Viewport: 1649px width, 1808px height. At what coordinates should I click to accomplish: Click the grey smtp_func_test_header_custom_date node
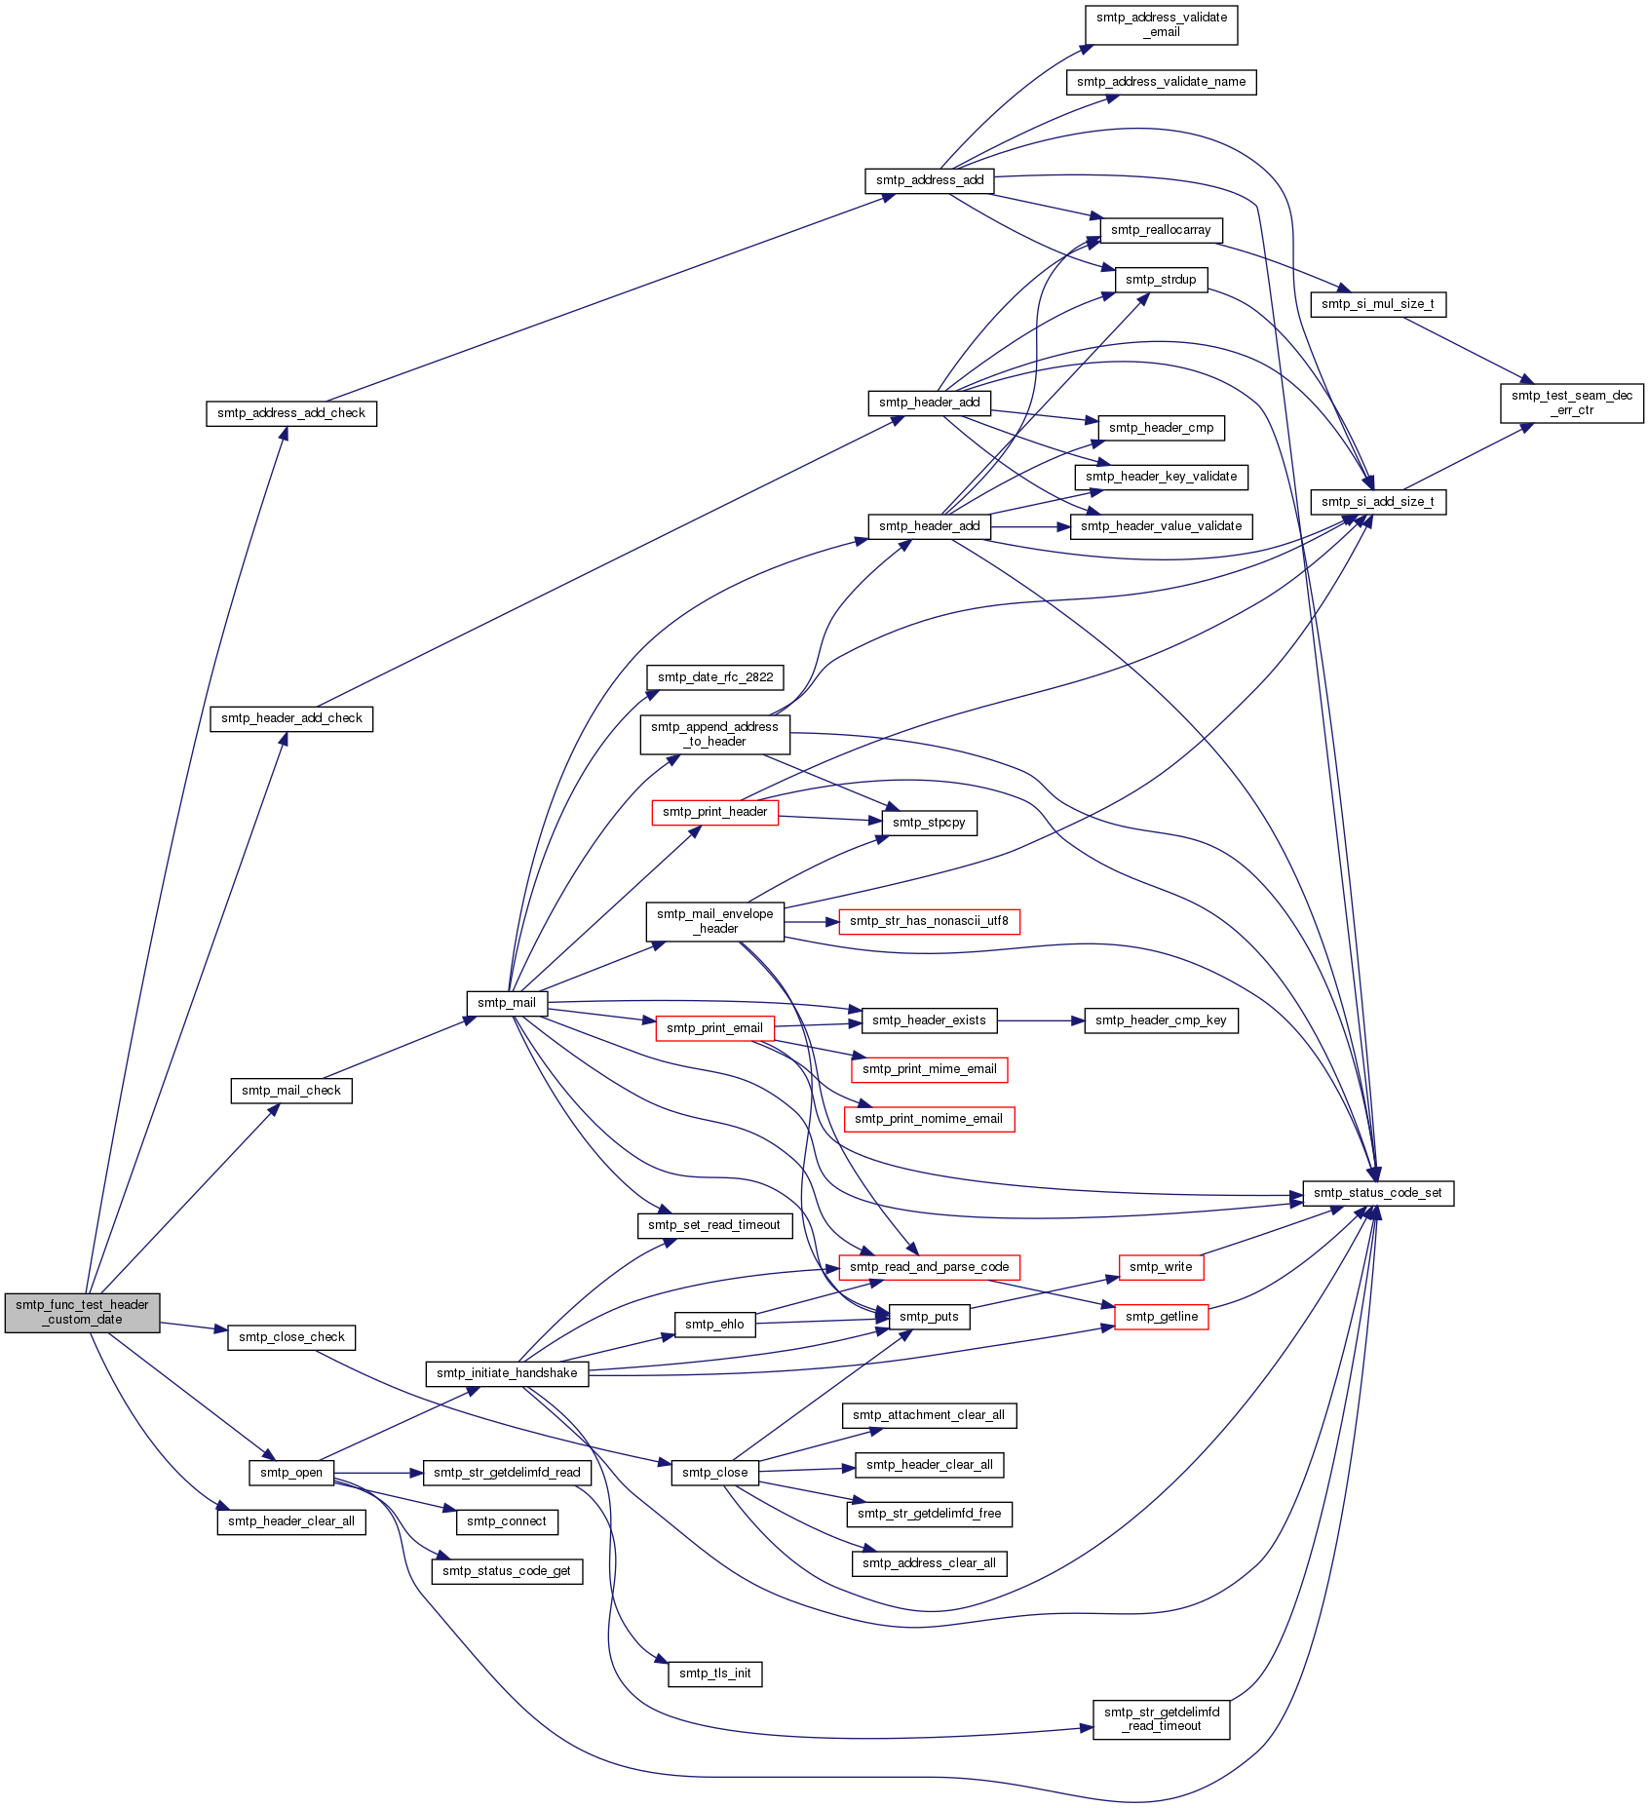(x=82, y=1312)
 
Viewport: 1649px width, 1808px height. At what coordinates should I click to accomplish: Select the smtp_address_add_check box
(x=291, y=413)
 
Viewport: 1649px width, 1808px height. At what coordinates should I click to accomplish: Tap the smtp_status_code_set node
(x=1378, y=1193)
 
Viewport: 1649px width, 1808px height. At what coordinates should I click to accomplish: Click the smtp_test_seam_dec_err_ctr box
(x=1572, y=403)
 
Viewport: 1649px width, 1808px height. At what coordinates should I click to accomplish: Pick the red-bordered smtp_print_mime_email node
(x=930, y=1069)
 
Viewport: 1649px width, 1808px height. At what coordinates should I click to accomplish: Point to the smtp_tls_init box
(x=715, y=1673)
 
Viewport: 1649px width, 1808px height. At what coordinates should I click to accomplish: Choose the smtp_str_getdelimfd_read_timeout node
(x=1162, y=1718)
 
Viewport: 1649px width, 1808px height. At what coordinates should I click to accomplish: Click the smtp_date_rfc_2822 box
(x=715, y=677)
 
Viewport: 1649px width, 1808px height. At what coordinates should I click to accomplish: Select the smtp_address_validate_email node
(x=1162, y=24)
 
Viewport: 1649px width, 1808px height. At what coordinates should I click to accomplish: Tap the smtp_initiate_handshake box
(x=507, y=1373)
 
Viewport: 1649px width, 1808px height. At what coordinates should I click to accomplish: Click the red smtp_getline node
(x=1162, y=1317)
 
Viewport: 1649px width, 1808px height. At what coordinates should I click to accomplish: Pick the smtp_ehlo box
(x=714, y=1325)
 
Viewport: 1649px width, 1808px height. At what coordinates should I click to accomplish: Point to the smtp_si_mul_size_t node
(x=1378, y=304)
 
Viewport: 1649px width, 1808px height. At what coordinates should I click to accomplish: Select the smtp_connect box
(x=507, y=1521)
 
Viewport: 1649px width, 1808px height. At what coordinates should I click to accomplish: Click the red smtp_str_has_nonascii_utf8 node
(x=930, y=921)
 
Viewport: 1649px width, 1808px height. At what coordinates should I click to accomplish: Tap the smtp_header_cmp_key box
(x=1162, y=1020)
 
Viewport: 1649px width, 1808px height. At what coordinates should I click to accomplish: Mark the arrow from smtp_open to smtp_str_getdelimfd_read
(x=379, y=1473)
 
